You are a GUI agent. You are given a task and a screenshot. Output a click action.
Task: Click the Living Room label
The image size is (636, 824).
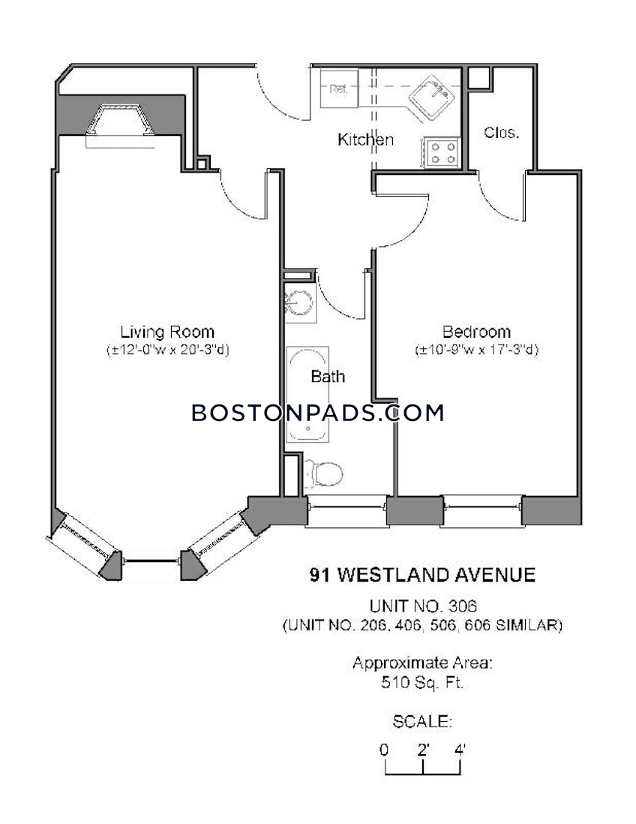click(166, 332)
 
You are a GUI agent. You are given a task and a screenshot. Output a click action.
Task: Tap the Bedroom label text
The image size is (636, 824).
click(476, 332)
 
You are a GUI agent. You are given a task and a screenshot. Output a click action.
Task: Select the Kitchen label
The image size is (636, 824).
click(365, 140)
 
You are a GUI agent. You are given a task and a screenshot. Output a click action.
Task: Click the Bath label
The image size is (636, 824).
click(328, 377)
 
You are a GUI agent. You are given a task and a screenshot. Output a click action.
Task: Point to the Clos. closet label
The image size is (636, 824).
click(501, 133)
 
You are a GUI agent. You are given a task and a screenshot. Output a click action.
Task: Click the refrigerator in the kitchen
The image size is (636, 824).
click(338, 89)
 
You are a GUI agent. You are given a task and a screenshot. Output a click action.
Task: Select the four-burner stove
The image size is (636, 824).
click(441, 153)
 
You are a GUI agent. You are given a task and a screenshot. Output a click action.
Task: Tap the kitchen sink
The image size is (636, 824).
click(430, 98)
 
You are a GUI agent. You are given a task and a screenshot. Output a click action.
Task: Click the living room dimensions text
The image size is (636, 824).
click(166, 350)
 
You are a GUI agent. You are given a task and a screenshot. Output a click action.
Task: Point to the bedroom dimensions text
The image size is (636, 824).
click(476, 350)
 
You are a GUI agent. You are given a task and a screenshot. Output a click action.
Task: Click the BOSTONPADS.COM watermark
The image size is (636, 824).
click(318, 413)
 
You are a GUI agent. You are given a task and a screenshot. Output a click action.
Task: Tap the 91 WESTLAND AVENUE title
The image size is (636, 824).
click(422, 576)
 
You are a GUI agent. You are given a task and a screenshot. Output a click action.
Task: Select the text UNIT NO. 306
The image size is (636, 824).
click(422, 606)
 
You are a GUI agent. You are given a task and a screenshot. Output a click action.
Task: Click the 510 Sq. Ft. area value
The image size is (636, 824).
click(422, 683)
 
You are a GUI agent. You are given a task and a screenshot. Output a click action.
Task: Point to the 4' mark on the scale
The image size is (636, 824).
click(460, 749)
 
